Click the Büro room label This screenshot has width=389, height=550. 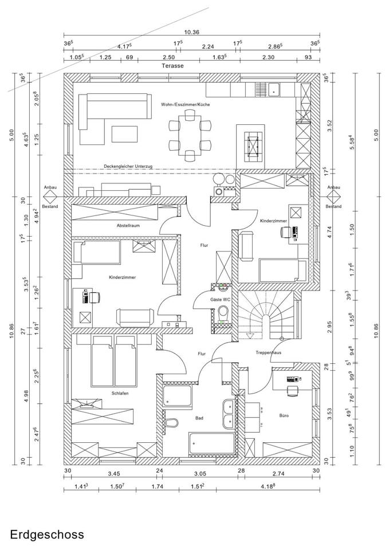284,415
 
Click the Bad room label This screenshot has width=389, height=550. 199,418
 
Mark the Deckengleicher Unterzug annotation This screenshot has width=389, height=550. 128,166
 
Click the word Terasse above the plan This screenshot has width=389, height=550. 172,66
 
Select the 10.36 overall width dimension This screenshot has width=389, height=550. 191,33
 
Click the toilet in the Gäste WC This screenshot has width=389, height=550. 223,313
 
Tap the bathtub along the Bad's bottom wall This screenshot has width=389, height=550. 211,444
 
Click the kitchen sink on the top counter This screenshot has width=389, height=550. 276,89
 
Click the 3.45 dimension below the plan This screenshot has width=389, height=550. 113,474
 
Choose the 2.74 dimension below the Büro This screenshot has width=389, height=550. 278,474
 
